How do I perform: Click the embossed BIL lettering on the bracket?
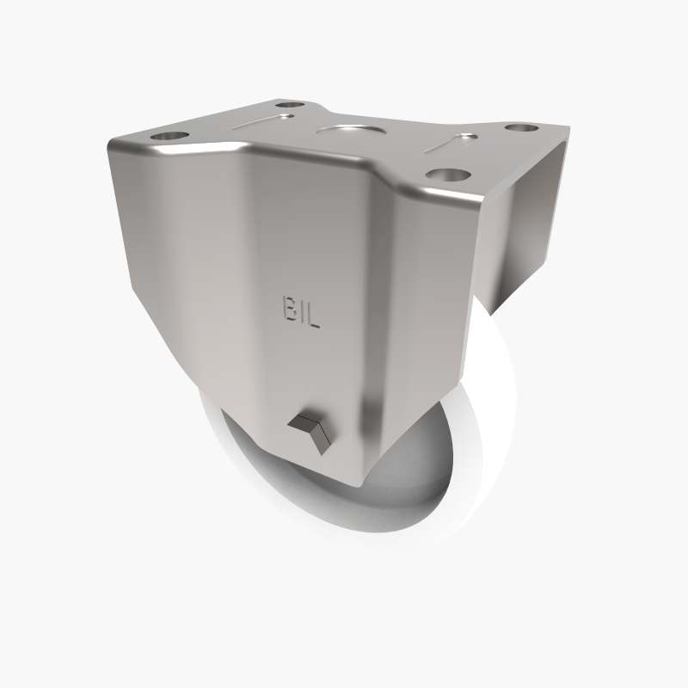pyautogui.click(x=300, y=312)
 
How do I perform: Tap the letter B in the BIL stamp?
pyautogui.click(x=288, y=309)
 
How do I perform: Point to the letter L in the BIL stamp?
pyautogui.click(x=313, y=316)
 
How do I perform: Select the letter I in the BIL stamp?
pyautogui.click(x=300, y=312)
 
